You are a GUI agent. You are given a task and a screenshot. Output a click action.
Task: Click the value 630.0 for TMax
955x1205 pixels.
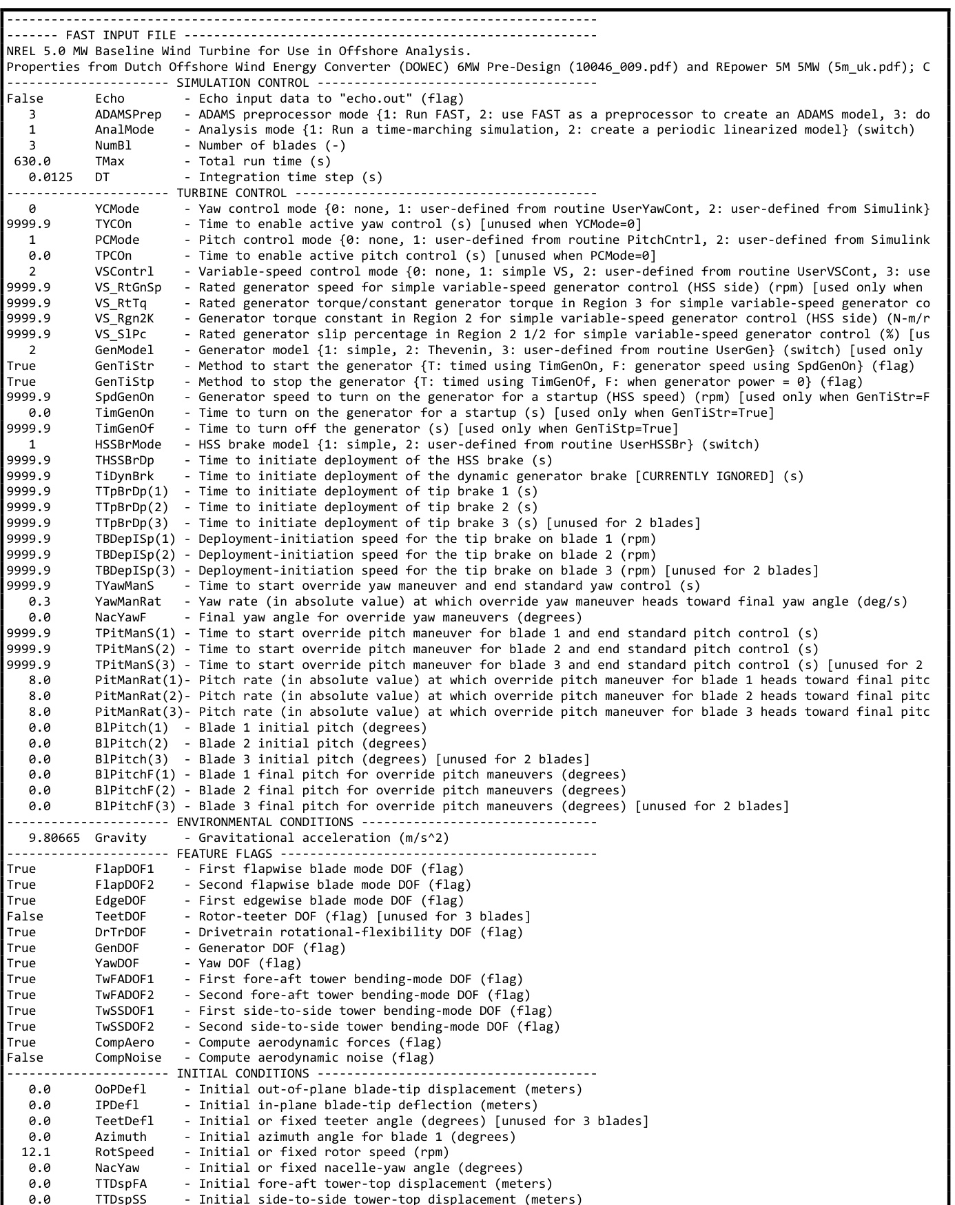point(32,161)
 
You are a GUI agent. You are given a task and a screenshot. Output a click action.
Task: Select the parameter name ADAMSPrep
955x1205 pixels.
point(128,114)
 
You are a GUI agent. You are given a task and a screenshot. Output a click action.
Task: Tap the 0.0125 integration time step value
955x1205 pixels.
point(50,177)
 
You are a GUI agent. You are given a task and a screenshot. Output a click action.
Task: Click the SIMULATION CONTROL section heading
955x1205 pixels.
point(243,83)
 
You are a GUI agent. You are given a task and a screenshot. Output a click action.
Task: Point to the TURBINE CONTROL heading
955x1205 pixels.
point(232,193)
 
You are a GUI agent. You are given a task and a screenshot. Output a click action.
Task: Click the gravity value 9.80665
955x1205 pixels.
point(54,838)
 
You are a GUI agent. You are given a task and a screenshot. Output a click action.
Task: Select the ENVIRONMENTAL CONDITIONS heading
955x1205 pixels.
point(265,822)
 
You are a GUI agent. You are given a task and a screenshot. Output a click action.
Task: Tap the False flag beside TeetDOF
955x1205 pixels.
point(25,916)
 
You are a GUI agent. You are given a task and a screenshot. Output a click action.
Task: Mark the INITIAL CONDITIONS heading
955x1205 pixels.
point(243,1073)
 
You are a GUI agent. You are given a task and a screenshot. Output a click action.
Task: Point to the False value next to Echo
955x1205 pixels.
point(25,99)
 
